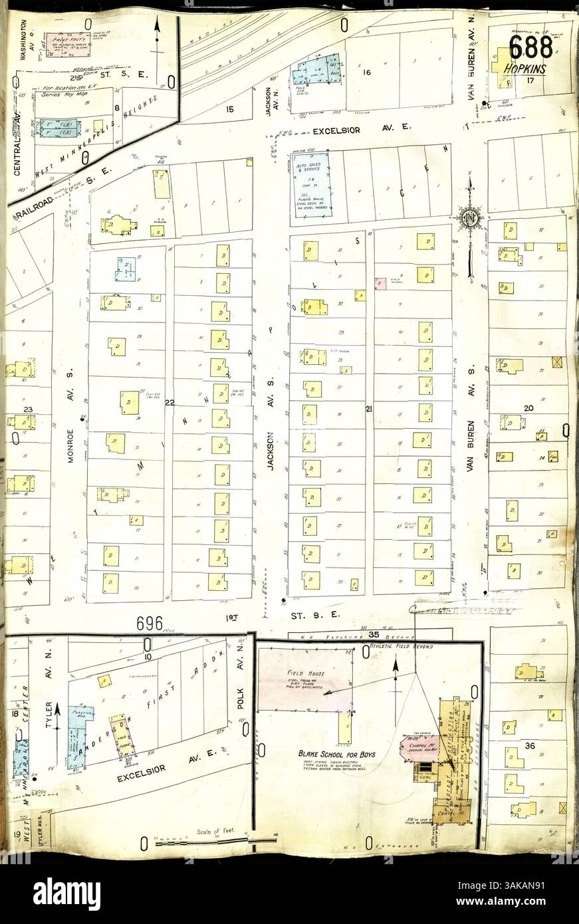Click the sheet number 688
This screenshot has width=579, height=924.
point(530,47)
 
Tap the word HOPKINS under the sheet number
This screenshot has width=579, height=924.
point(524,68)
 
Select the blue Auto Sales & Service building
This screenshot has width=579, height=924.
point(310,183)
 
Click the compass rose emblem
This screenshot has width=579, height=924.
point(469,217)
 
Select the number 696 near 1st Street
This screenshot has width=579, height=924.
point(150,623)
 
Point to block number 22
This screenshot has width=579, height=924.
point(170,403)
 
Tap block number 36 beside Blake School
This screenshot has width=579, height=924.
point(529,745)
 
